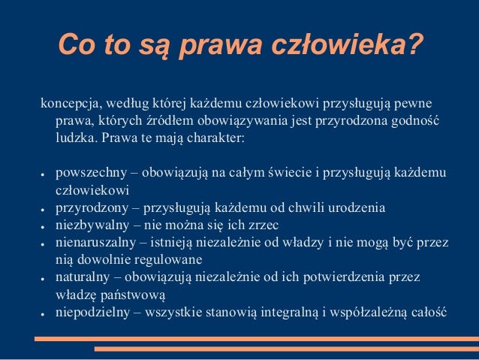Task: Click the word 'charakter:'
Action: (221, 139)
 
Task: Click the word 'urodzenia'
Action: (359, 207)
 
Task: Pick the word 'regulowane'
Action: (169, 259)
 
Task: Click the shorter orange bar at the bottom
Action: (285, 349)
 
